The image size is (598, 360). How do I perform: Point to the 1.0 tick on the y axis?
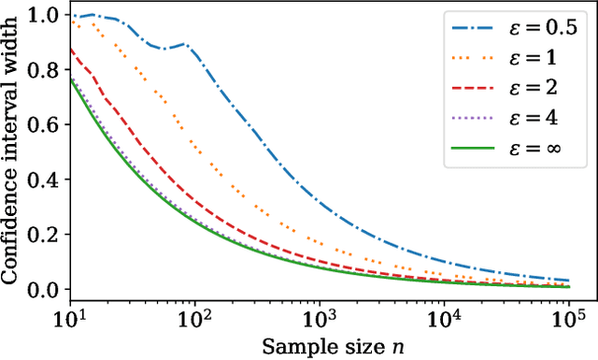[x=45, y=16]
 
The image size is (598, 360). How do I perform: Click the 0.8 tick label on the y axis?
[x=45, y=70]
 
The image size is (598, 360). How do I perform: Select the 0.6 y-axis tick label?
[x=45, y=125]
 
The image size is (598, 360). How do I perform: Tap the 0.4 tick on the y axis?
[x=45, y=180]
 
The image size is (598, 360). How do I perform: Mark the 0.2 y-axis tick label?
[x=45, y=235]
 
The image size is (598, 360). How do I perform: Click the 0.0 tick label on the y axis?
[x=45, y=289]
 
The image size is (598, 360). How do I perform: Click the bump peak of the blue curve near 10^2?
[x=184, y=44]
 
